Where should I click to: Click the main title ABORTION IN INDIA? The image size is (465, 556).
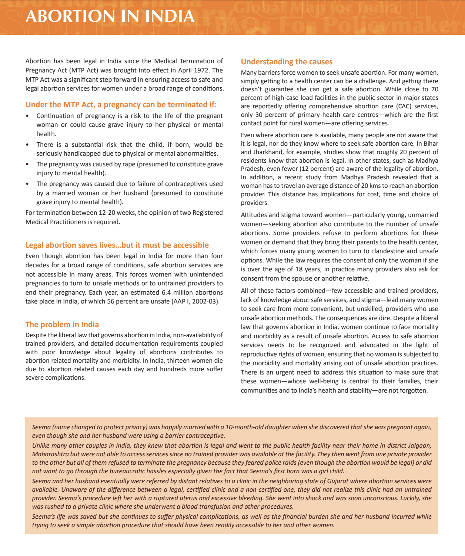pos(110,16)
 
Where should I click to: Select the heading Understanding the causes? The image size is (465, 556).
pos(287,62)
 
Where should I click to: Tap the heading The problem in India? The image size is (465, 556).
pos(62,325)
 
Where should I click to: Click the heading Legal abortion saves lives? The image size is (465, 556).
pos(117,245)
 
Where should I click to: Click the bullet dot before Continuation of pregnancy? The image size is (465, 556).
pos(27,116)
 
